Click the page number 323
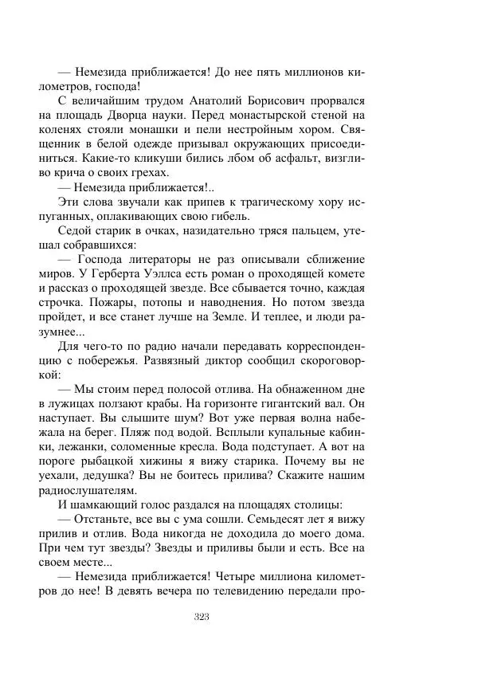[201, 616]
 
